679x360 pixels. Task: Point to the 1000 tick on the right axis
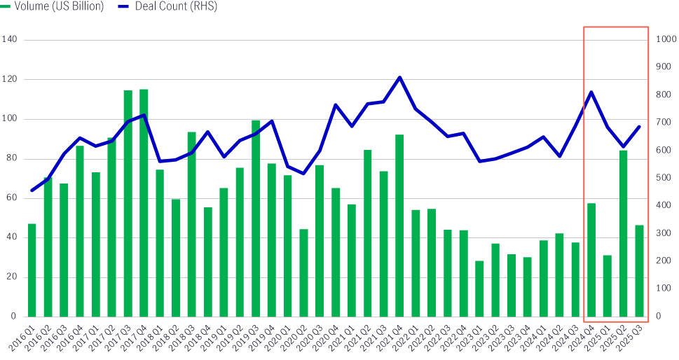point(664,40)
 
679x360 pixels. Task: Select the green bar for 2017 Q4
point(144,203)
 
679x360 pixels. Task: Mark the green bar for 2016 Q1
point(32,270)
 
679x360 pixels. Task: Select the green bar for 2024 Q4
point(591,260)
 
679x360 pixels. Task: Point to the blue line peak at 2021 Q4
point(399,77)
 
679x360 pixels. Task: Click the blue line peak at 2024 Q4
point(591,92)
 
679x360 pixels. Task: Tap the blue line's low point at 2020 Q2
point(303,174)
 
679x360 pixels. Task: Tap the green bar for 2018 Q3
point(191,224)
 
